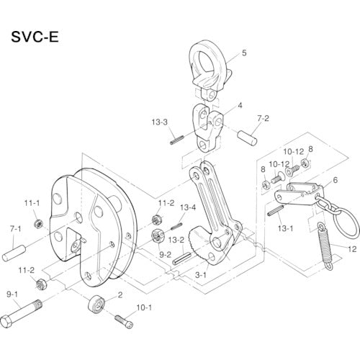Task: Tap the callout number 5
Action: point(244,53)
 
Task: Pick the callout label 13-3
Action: point(160,122)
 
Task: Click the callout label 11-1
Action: point(30,204)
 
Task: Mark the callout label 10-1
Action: point(144,307)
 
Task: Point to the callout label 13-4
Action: point(187,207)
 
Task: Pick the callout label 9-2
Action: point(163,254)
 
